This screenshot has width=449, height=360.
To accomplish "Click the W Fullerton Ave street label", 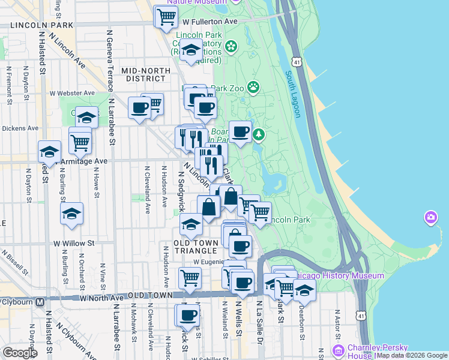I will [211, 22].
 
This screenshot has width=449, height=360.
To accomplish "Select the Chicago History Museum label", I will [340, 275].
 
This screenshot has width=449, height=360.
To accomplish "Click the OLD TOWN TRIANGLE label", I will [195, 247].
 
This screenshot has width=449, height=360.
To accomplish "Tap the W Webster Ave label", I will [73, 93].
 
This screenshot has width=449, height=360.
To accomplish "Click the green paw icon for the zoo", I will [254, 87].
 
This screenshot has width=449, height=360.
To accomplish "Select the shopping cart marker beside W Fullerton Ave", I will [166, 17].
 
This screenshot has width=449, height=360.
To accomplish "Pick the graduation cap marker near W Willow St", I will [71, 214].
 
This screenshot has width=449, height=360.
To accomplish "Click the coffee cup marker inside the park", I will [241, 132].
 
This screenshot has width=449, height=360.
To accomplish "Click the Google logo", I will [20, 353].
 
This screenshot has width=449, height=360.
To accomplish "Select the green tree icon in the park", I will [259, 134].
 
